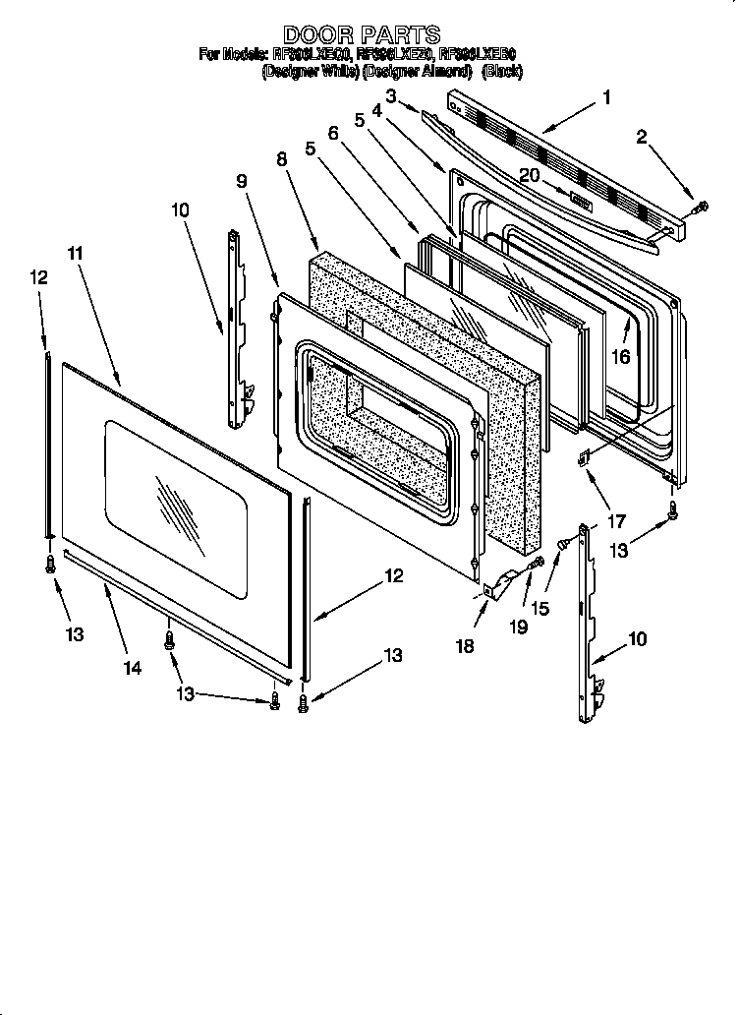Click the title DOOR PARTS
361,35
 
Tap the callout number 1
606,97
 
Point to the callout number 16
620,356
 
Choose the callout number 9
242,181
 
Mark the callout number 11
76,252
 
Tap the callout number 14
133,668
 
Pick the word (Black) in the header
501,71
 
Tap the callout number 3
390,96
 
